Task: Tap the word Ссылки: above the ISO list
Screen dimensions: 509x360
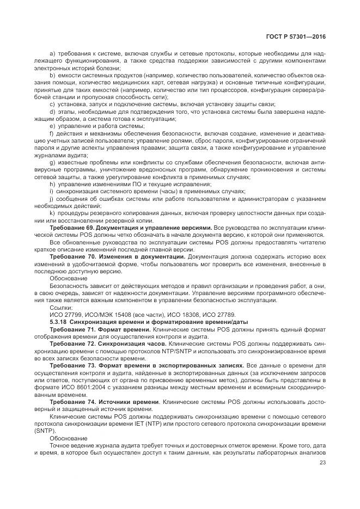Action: (x=61, y=308)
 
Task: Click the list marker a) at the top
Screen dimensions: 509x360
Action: (x=52, y=53)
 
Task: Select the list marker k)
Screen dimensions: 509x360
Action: (x=52, y=213)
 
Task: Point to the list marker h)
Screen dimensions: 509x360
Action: (x=52, y=185)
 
